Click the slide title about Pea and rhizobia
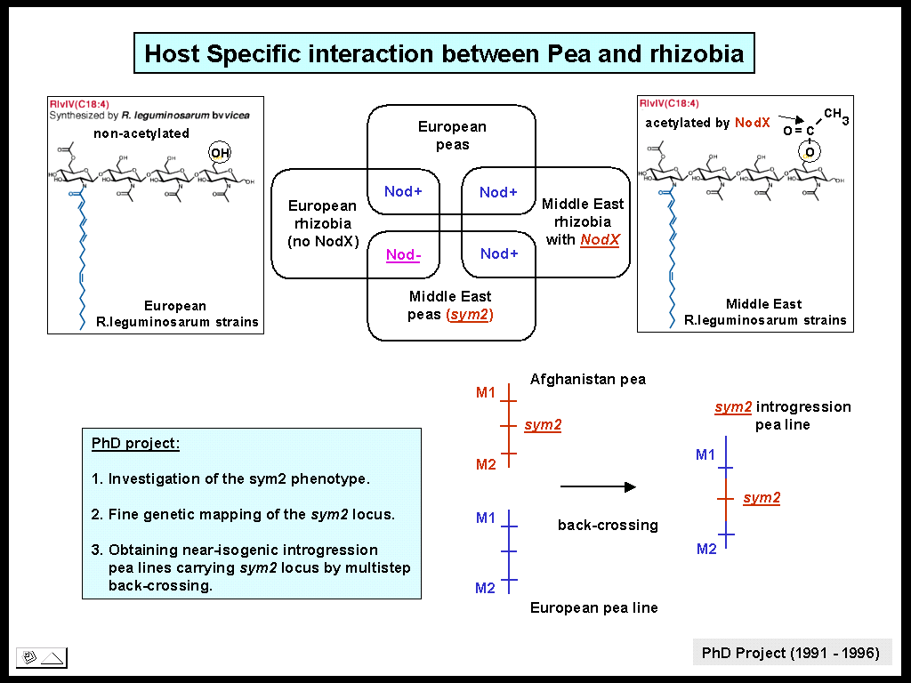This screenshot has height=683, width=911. pyautogui.click(x=444, y=53)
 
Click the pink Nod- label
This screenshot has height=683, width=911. pyautogui.click(x=403, y=255)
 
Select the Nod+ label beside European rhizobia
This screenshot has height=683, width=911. pyautogui.click(x=403, y=191)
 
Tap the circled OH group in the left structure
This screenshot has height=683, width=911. pyautogui.click(x=220, y=154)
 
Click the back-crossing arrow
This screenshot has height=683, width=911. pyautogui.click(x=598, y=486)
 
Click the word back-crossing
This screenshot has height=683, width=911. pyautogui.click(x=608, y=525)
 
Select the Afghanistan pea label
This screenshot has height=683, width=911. pyautogui.click(x=587, y=379)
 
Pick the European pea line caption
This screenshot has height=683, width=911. pyautogui.click(x=593, y=608)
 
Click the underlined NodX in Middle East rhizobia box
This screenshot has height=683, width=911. pyautogui.click(x=599, y=240)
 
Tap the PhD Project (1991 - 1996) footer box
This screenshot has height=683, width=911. pyautogui.click(x=791, y=653)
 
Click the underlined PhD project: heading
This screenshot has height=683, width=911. pyautogui.click(x=135, y=443)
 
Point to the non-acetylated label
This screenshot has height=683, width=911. pyautogui.click(x=141, y=133)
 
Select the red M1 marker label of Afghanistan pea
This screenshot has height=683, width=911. pyautogui.click(x=486, y=391)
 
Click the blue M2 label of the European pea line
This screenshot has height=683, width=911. pyautogui.click(x=485, y=588)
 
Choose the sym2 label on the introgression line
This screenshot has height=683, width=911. pyautogui.click(x=762, y=498)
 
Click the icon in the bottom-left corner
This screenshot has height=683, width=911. pyautogui.click(x=42, y=658)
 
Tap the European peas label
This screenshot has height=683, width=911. pyautogui.click(x=452, y=136)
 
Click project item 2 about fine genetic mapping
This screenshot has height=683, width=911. pyautogui.click(x=243, y=514)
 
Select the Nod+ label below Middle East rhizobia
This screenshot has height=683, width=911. pyautogui.click(x=499, y=254)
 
